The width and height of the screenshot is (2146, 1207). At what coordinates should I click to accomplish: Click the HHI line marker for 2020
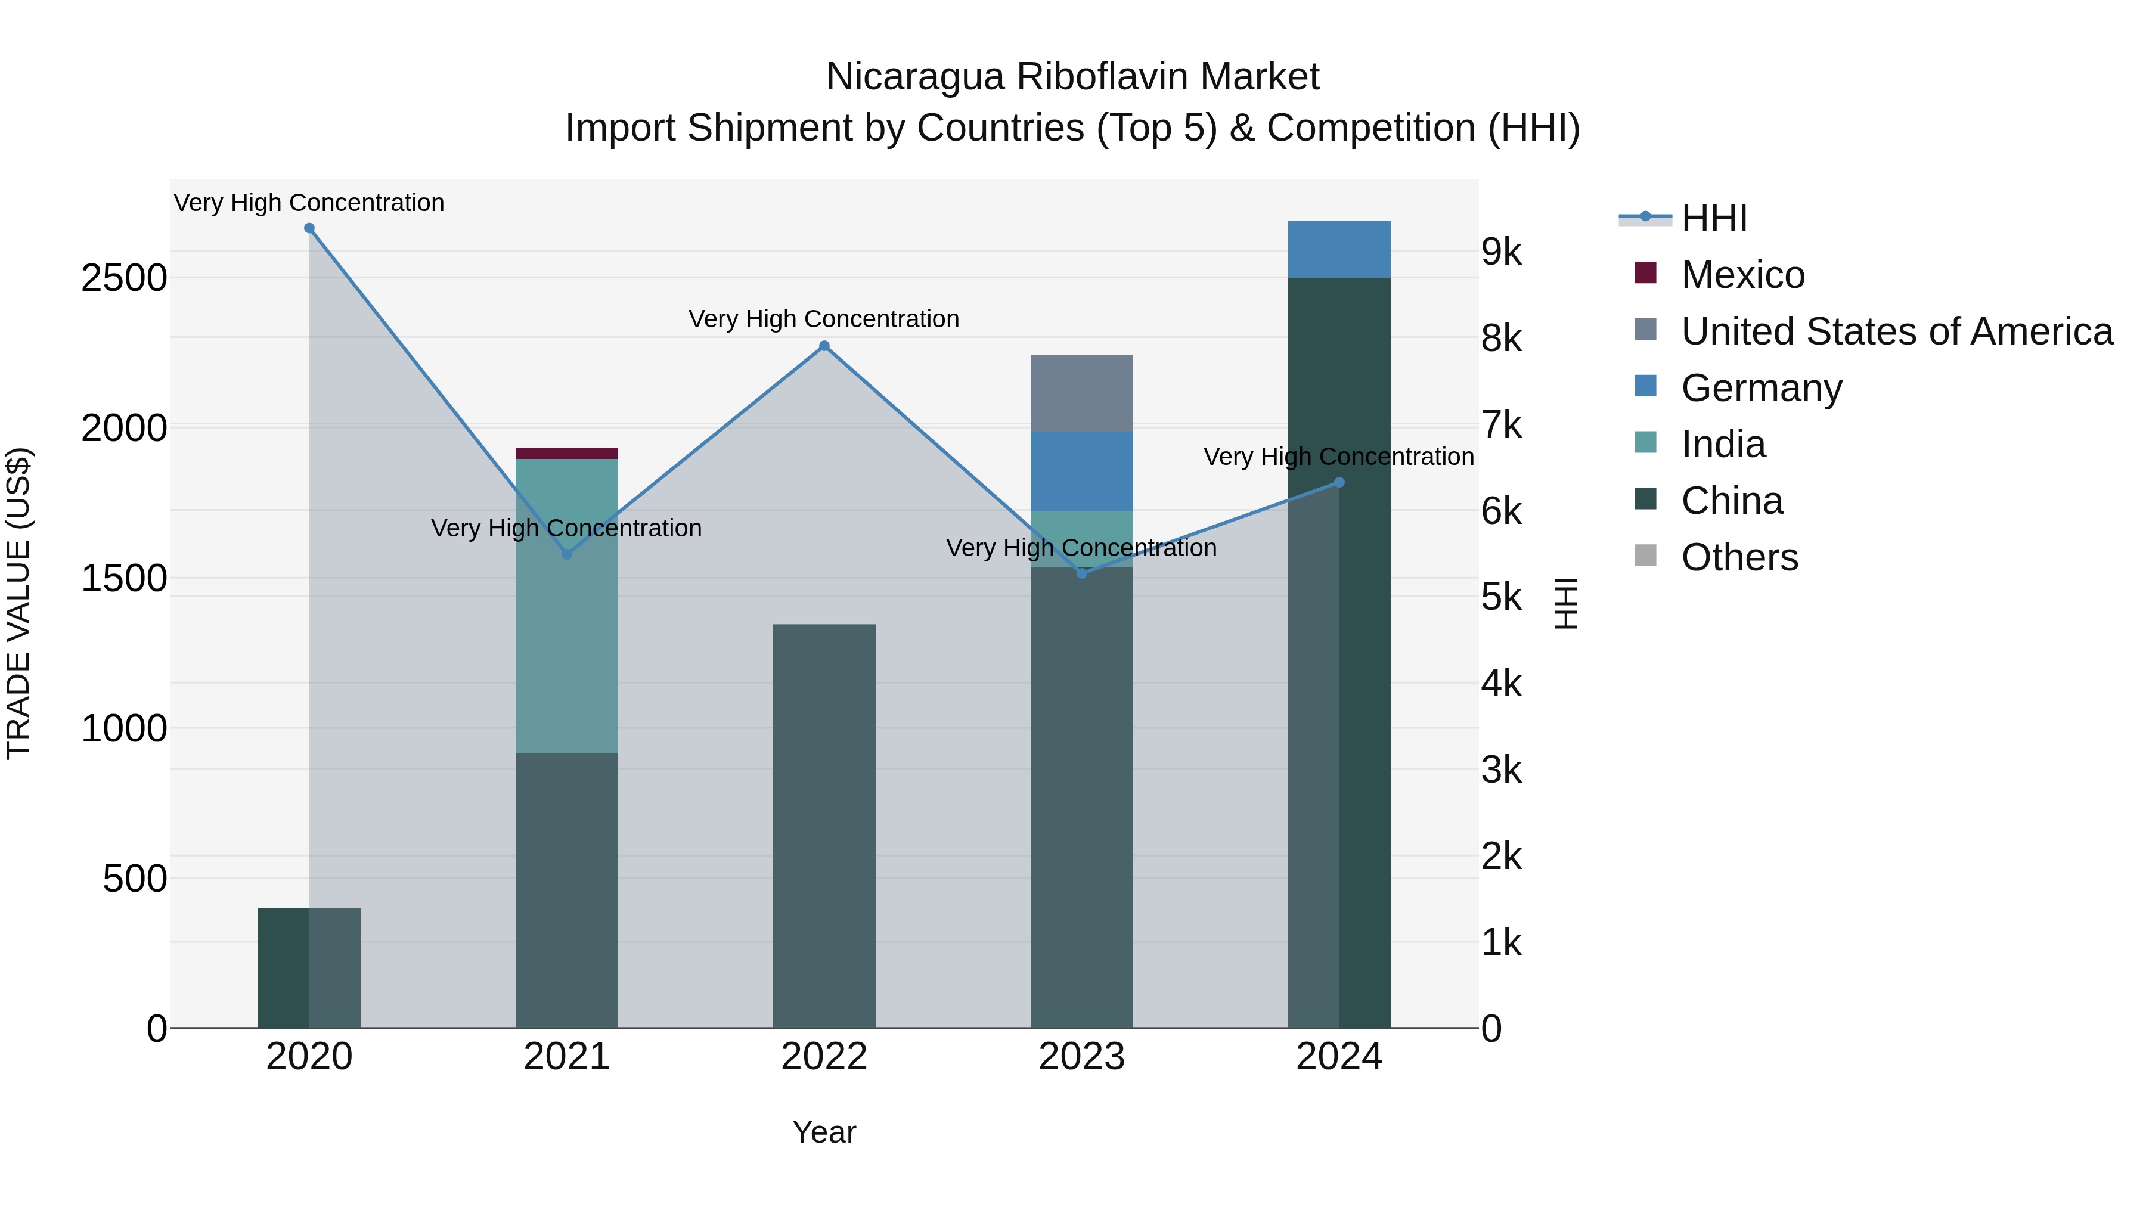click(309, 228)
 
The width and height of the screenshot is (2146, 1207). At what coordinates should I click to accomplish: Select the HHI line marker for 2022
click(824, 346)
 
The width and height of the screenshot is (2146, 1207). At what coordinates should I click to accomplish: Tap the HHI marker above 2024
click(1339, 482)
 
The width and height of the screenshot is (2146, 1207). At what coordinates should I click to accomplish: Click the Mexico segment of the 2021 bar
click(566, 453)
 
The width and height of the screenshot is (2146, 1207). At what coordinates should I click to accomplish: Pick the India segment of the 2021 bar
click(566, 606)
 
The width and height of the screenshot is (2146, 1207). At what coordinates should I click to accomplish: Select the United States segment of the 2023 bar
click(1081, 393)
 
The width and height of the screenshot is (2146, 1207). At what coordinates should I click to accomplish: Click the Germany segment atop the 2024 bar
click(1339, 249)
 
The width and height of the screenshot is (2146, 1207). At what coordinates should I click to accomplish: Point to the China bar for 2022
click(824, 825)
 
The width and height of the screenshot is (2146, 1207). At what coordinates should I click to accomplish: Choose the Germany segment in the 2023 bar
click(1081, 471)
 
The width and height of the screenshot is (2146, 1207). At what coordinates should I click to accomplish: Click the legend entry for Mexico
click(1742, 275)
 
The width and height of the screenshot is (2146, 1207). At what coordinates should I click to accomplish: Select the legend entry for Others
click(1739, 557)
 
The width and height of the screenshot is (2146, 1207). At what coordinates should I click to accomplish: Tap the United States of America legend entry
click(1896, 331)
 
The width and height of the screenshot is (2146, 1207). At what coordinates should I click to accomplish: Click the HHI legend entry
click(1714, 218)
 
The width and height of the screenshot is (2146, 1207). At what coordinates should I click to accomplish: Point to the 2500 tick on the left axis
click(124, 278)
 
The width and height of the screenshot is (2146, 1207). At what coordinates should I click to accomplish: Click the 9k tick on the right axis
click(1501, 252)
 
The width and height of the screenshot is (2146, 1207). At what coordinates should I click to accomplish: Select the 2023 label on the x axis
click(1081, 1057)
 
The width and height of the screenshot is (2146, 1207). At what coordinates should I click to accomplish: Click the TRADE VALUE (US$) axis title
click(18, 603)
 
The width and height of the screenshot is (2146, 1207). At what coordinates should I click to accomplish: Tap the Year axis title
click(824, 1132)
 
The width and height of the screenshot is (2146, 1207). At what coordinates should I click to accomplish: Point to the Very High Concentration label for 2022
click(824, 319)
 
